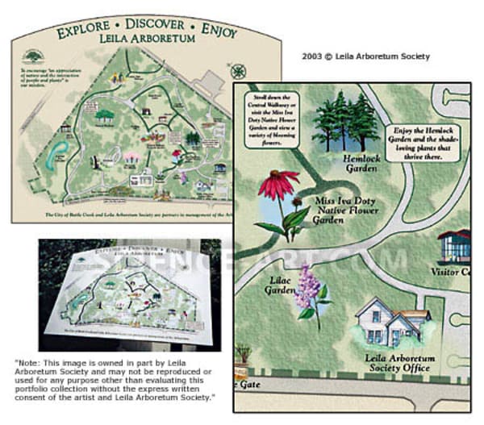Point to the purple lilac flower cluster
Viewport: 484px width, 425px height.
pos(308,290)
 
